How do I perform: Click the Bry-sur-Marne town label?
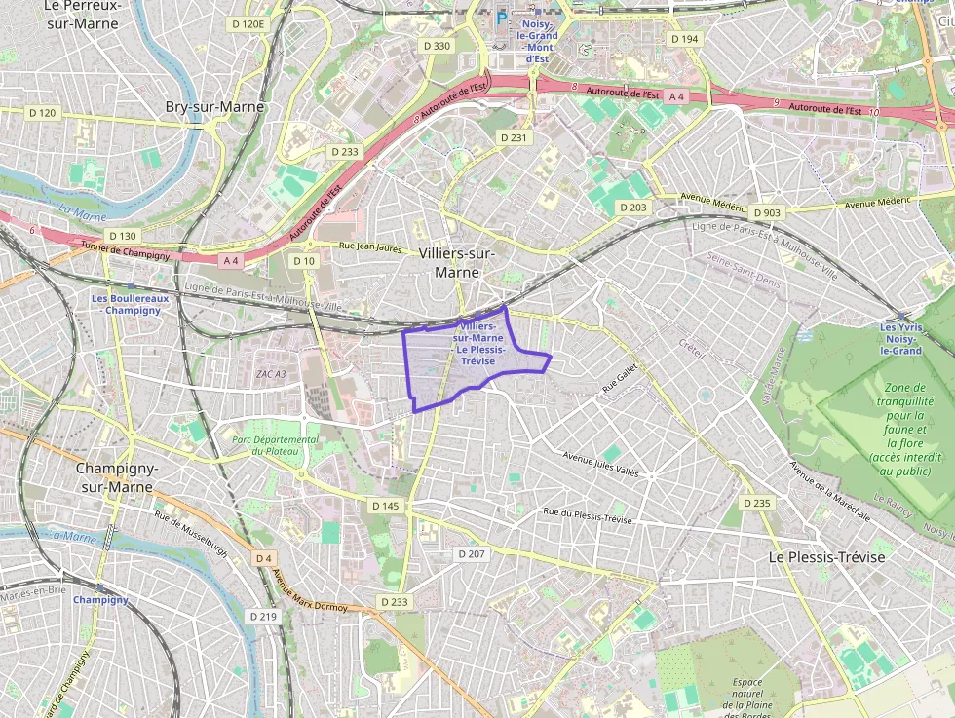213,106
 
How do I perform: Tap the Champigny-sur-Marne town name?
118,477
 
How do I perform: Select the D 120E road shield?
248,23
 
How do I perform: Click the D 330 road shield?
437,46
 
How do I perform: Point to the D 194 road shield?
685,39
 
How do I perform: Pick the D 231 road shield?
514,137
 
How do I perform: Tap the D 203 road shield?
632,208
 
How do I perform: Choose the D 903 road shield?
768,212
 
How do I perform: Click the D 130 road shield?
123,236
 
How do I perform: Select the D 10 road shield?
304,260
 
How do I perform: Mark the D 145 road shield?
386,506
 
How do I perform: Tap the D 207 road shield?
472,553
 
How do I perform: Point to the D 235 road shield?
756,503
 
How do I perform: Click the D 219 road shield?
263,616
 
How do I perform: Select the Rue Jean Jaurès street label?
369,248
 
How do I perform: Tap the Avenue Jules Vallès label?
601,464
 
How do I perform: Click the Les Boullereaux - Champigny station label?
130,304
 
